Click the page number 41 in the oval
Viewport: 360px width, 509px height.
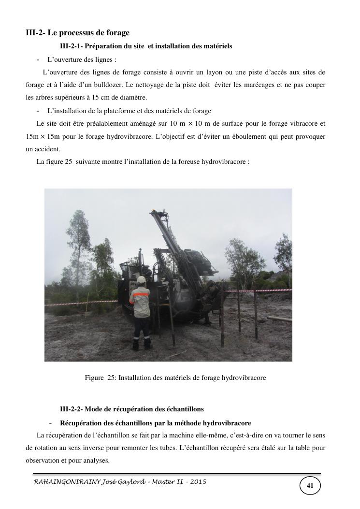[310, 485]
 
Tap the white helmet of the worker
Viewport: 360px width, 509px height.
[141, 280]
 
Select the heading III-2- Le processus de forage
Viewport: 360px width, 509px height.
[78, 33]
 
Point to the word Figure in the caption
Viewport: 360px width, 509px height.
[94, 378]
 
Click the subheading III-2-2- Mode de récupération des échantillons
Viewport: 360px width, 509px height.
[131, 409]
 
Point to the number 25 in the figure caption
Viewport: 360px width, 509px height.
[111, 378]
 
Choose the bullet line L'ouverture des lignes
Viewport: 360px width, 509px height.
[82, 60]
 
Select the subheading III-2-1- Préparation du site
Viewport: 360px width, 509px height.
[146, 46]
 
